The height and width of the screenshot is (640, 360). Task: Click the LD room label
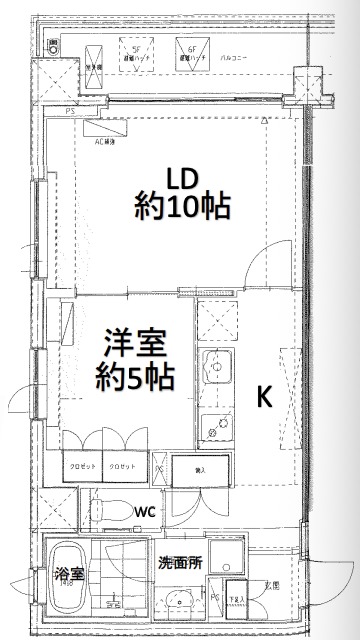(183, 179)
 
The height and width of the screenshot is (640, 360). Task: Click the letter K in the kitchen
(265, 397)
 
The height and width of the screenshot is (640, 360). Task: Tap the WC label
(146, 511)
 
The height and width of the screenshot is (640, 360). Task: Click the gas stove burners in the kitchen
(215, 425)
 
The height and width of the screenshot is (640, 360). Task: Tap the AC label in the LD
(106, 141)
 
